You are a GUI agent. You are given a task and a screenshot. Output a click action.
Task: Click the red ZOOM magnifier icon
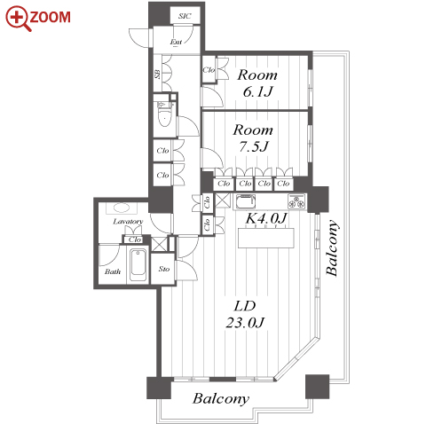tap(17, 19)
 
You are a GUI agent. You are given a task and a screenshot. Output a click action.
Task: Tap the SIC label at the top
tap(185, 16)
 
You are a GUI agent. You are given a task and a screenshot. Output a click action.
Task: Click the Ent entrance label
tap(176, 42)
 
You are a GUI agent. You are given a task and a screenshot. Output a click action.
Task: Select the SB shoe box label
tap(158, 74)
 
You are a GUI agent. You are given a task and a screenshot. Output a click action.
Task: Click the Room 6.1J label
tap(257, 83)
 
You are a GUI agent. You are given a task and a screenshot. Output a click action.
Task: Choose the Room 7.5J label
tap(253, 138)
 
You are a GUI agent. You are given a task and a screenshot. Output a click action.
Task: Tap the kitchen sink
tap(246, 201)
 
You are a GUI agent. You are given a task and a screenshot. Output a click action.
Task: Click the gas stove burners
tap(296, 201)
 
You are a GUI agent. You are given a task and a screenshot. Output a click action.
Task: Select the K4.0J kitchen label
tap(266, 218)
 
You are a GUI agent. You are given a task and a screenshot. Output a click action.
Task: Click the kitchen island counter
tap(266, 238)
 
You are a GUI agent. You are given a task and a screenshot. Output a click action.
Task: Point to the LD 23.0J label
tap(245, 314)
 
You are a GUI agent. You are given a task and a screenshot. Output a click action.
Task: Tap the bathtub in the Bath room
tap(138, 265)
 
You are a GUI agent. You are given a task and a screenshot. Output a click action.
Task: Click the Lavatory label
tap(128, 222)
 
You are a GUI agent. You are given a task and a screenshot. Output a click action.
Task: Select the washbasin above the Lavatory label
tap(122, 208)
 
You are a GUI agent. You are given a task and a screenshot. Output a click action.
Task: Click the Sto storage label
tap(164, 269)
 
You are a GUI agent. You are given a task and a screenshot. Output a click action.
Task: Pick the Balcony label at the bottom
tap(221, 398)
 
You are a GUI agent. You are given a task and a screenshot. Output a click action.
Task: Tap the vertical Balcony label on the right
tap(332, 247)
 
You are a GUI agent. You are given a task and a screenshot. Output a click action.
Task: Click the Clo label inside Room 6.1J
tap(209, 70)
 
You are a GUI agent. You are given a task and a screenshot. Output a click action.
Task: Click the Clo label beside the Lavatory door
tap(135, 239)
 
